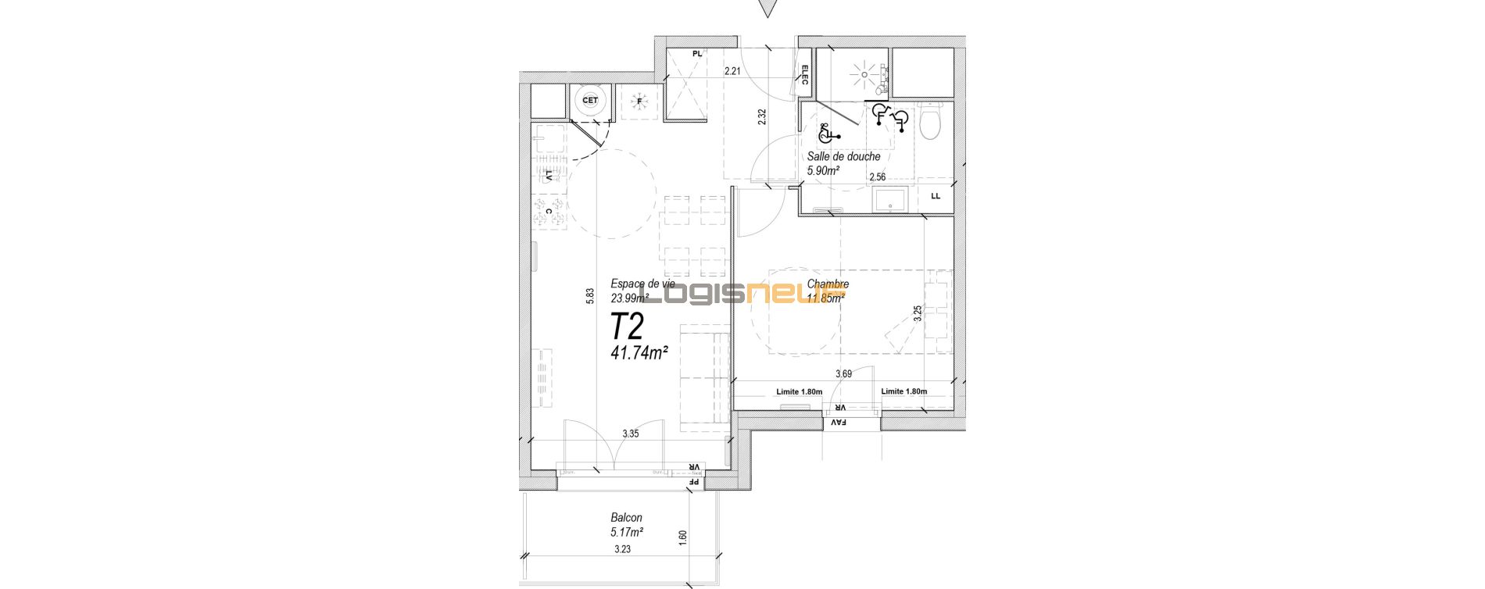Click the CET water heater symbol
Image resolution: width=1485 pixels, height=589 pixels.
(589, 100)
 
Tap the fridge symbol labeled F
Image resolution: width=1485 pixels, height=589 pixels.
(639, 102)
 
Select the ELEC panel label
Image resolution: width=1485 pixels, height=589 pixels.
(804, 75)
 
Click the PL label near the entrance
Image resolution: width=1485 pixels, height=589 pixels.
(697, 54)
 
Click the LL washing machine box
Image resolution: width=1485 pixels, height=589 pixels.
(936, 196)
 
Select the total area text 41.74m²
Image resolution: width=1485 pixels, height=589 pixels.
(639, 352)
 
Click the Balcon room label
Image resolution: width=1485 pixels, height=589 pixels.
(626, 518)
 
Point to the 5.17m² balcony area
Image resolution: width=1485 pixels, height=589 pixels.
(627, 532)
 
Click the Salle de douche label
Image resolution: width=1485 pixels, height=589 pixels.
(843, 156)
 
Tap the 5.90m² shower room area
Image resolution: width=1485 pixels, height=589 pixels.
(824, 170)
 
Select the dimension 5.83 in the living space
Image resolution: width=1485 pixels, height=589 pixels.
(592, 295)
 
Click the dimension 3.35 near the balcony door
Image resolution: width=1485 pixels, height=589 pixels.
(632, 434)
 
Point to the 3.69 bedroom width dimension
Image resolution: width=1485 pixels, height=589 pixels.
(843, 374)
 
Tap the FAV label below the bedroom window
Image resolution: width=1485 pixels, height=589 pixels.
(839, 423)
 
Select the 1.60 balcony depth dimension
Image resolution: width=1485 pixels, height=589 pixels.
(682, 537)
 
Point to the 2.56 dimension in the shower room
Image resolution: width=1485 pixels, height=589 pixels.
(878, 177)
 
